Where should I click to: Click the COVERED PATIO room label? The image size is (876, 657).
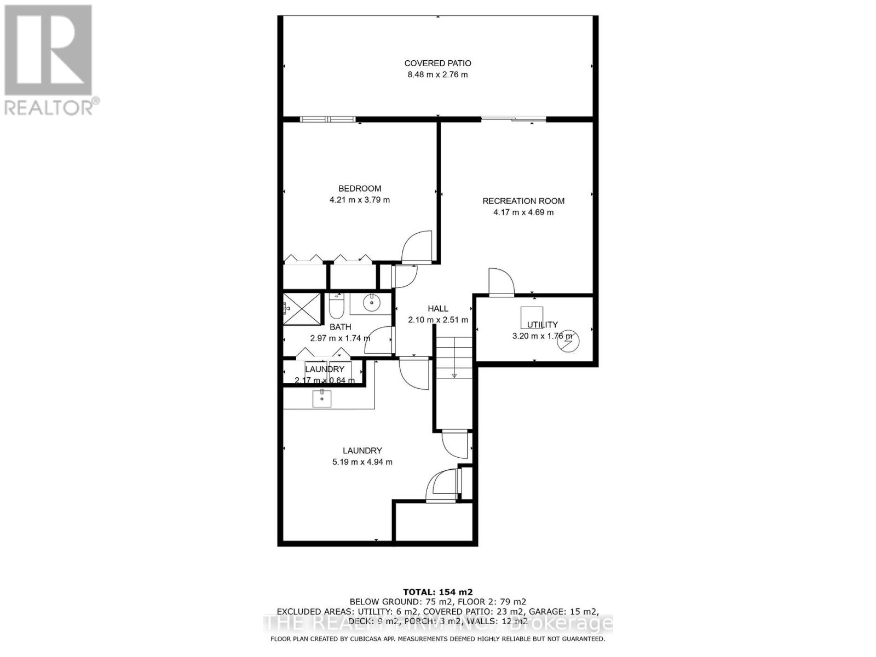437,64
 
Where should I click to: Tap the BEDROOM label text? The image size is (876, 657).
360,188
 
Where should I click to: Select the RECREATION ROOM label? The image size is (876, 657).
523,201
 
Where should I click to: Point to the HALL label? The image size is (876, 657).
438,309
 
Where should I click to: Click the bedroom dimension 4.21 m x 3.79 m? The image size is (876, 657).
360,200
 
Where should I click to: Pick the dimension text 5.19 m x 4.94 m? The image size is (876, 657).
362,462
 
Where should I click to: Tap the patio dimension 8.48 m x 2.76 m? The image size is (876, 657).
437,75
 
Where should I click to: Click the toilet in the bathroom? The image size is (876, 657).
336,307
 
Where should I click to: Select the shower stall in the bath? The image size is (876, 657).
302,309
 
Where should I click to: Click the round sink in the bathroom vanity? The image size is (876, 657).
372,302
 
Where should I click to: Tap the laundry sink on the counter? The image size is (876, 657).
322,398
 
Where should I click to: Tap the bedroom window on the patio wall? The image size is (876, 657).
327,119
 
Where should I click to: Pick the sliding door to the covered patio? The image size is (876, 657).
514,119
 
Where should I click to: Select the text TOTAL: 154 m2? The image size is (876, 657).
437,592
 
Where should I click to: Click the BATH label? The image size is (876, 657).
340,327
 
